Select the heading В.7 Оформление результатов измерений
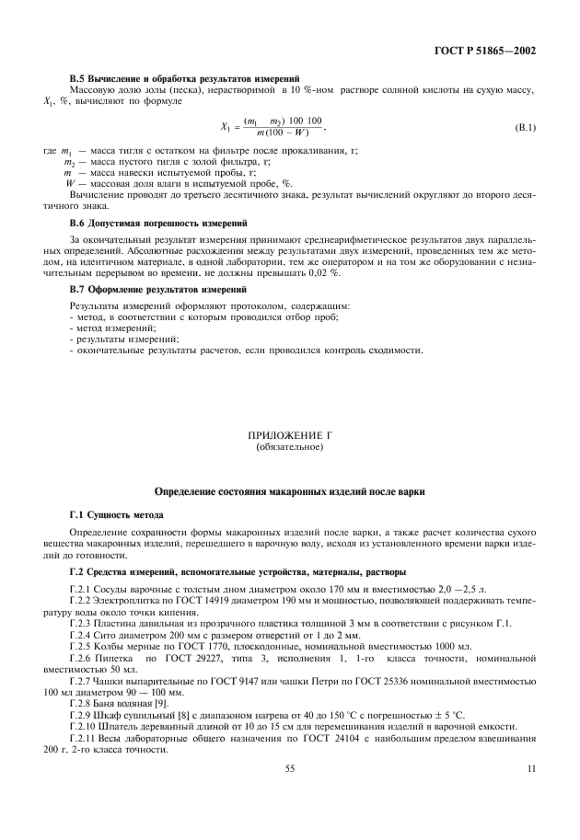154,289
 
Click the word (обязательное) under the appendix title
289,447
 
